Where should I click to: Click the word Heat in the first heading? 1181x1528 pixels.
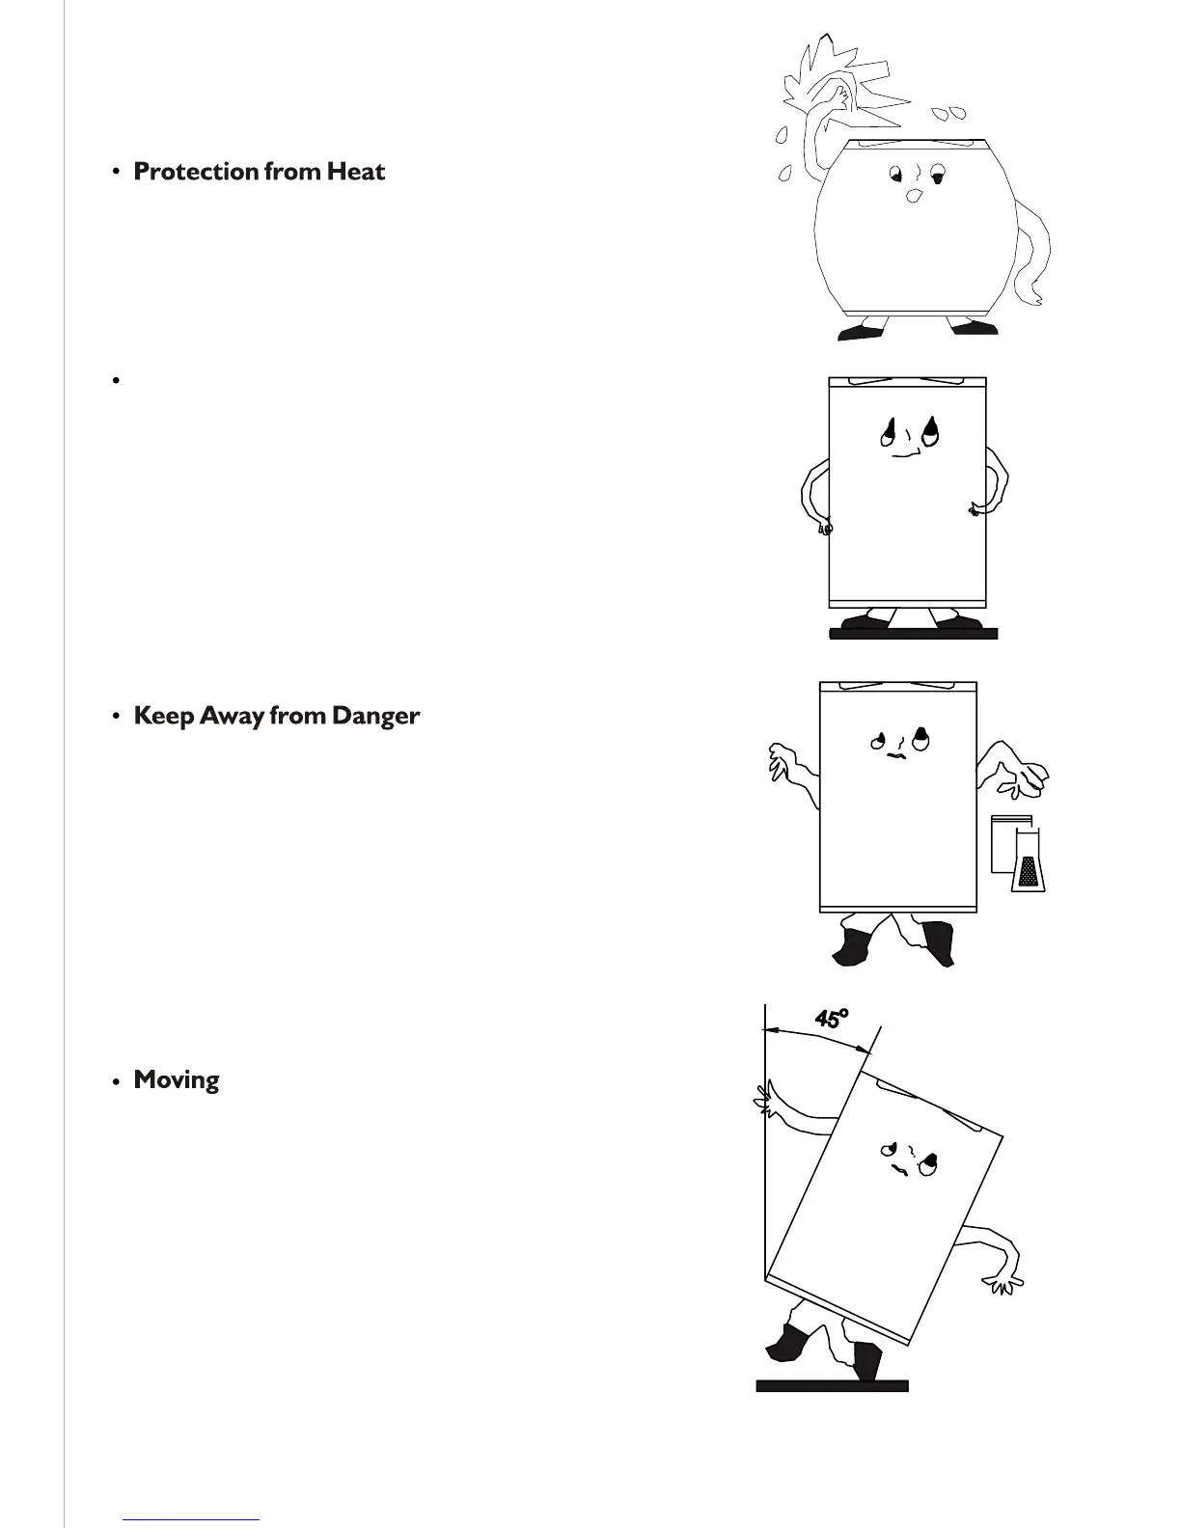[356, 172]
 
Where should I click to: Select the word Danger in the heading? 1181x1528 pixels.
[375, 716]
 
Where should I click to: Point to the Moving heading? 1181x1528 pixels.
[176, 1080]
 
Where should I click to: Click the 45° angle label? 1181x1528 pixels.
[831, 1018]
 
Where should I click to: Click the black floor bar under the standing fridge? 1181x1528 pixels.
[913, 634]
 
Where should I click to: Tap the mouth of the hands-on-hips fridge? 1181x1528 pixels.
[905, 453]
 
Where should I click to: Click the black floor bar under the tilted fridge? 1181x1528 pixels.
[832, 1386]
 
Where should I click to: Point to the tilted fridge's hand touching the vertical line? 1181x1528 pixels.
[766, 1101]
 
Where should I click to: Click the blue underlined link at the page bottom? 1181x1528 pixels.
[191, 1519]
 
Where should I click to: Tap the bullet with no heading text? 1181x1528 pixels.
[115, 380]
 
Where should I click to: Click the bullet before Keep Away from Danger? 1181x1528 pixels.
[115, 717]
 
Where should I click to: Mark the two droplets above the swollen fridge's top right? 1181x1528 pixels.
[954, 113]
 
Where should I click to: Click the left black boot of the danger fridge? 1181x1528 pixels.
[852, 945]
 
